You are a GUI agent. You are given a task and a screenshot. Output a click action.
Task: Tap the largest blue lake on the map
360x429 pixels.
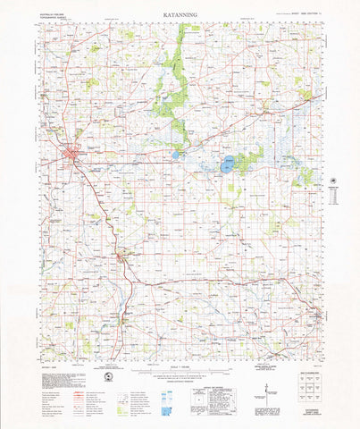click(229, 164)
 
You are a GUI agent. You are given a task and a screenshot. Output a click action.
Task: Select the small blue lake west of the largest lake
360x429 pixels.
click(176, 154)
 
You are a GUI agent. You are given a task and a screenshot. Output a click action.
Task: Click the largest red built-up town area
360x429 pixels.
click(71, 158)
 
